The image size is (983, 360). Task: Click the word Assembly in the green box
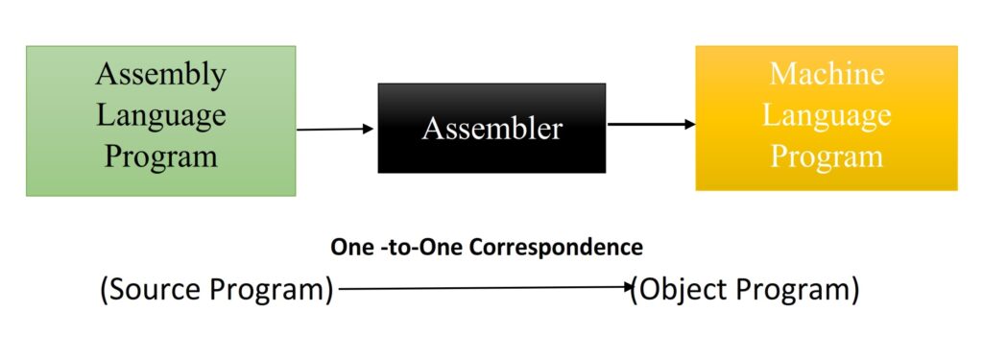pyautogui.click(x=161, y=74)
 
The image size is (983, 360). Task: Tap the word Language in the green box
pyautogui.click(x=161, y=115)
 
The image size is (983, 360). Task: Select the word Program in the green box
pyautogui.click(x=161, y=156)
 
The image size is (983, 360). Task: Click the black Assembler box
pyautogui.click(x=491, y=128)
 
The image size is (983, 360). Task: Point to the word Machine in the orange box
pyautogui.click(x=827, y=74)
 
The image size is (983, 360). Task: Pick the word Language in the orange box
pyautogui.click(x=827, y=115)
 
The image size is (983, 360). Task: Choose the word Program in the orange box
pyautogui.click(x=827, y=156)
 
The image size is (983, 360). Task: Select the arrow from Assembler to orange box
pyautogui.click(x=651, y=124)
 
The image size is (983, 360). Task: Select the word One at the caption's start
pyautogui.click(x=351, y=248)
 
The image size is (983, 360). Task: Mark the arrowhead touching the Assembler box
pyautogui.click(x=369, y=128)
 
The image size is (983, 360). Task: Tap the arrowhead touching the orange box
pyautogui.click(x=689, y=124)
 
